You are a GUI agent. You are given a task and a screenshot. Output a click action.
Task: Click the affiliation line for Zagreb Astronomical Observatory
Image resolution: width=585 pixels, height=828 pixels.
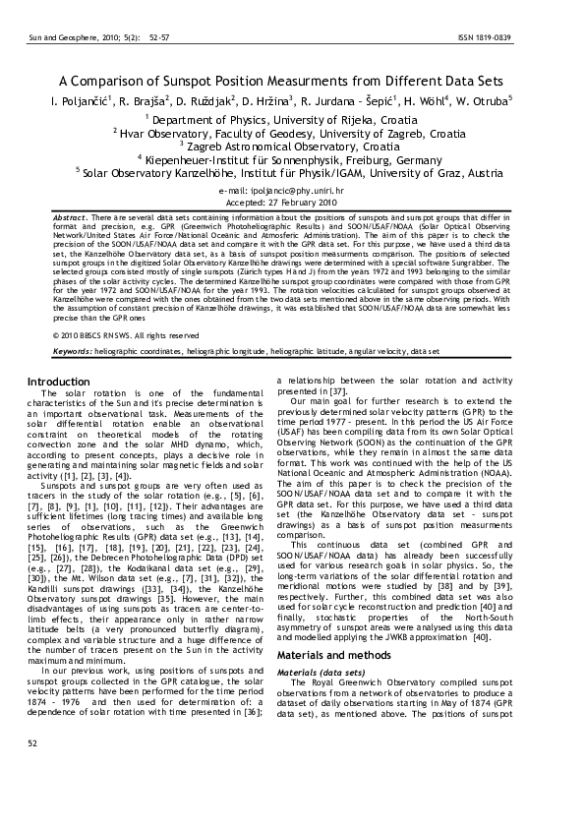coord(293,145)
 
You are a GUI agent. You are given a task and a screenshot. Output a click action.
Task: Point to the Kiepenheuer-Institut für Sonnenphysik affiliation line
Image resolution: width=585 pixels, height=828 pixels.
coord(293,158)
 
